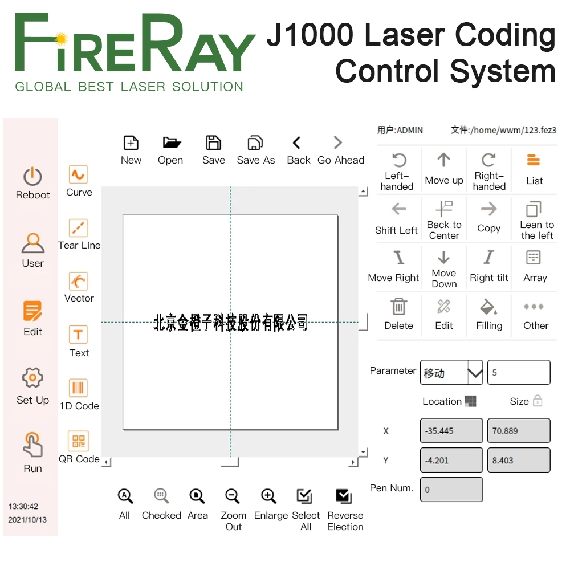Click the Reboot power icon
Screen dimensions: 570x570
point(32,177)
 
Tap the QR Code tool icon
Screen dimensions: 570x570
point(78,441)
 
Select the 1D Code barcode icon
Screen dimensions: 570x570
point(78,388)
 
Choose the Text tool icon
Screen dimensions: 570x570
point(78,335)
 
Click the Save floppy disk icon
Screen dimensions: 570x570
point(213,142)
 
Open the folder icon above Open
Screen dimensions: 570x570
point(171,142)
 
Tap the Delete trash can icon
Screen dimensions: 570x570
point(398,307)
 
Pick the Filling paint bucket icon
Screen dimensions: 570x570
point(488,307)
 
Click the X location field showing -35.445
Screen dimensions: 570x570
point(451,431)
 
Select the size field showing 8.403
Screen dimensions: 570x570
point(519,460)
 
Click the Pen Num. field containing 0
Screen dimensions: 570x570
point(451,490)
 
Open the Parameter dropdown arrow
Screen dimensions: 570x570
point(475,373)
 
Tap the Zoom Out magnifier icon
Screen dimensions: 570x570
point(233,496)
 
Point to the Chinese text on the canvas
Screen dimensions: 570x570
point(231,323)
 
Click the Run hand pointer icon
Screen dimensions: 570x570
point(32,445)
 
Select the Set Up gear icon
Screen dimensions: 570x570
point(32,377)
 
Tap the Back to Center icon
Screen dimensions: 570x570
point(443,209)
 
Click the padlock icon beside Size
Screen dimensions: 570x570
point(537,401)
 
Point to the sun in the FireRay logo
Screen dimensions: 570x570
point(62,39)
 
